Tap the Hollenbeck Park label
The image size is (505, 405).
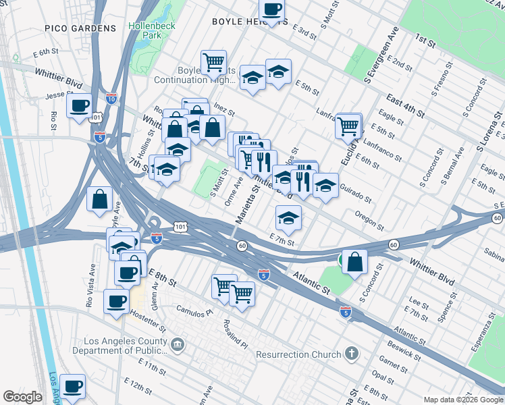tap(152, 30)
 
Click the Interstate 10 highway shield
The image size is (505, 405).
tap(111, 99)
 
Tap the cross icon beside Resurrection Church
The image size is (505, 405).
tap(350, 354)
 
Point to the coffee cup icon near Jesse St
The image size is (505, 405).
tap(80, 106)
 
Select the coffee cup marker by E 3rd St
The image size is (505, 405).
tap(271, 10)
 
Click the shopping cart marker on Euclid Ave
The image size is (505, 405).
tap(348, 126)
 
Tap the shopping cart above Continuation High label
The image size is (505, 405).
tap(213, 62)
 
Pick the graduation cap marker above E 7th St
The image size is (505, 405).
tap(288, 218)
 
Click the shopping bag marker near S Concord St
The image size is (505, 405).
tap(354, 261)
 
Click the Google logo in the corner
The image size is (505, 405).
tap(23, 397)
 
